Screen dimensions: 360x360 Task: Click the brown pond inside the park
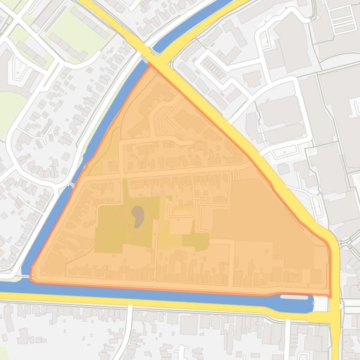[138, 216]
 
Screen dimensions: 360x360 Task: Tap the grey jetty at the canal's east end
[294, 297]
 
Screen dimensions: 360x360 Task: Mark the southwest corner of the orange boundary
[32, 279]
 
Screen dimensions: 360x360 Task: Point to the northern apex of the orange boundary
[150, 65]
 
